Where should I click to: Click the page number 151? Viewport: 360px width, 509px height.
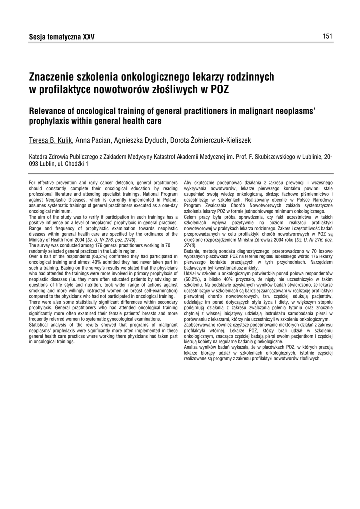(x=327, y=36)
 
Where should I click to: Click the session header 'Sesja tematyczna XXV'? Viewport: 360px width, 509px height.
(x=62, y=37)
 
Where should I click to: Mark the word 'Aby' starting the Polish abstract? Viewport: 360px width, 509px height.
(x=188, y=183)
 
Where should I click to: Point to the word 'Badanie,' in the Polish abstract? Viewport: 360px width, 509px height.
(x=193, y=251)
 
